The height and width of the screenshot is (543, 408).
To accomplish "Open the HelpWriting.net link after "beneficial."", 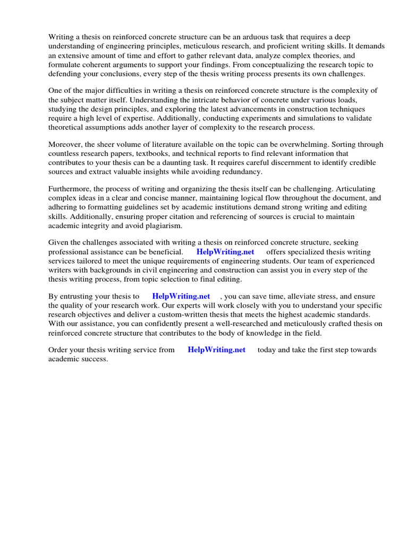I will click(225, 252).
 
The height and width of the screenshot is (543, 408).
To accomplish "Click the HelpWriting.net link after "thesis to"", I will click(181, 296).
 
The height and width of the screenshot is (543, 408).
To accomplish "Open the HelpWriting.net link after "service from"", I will click(217, 350).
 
